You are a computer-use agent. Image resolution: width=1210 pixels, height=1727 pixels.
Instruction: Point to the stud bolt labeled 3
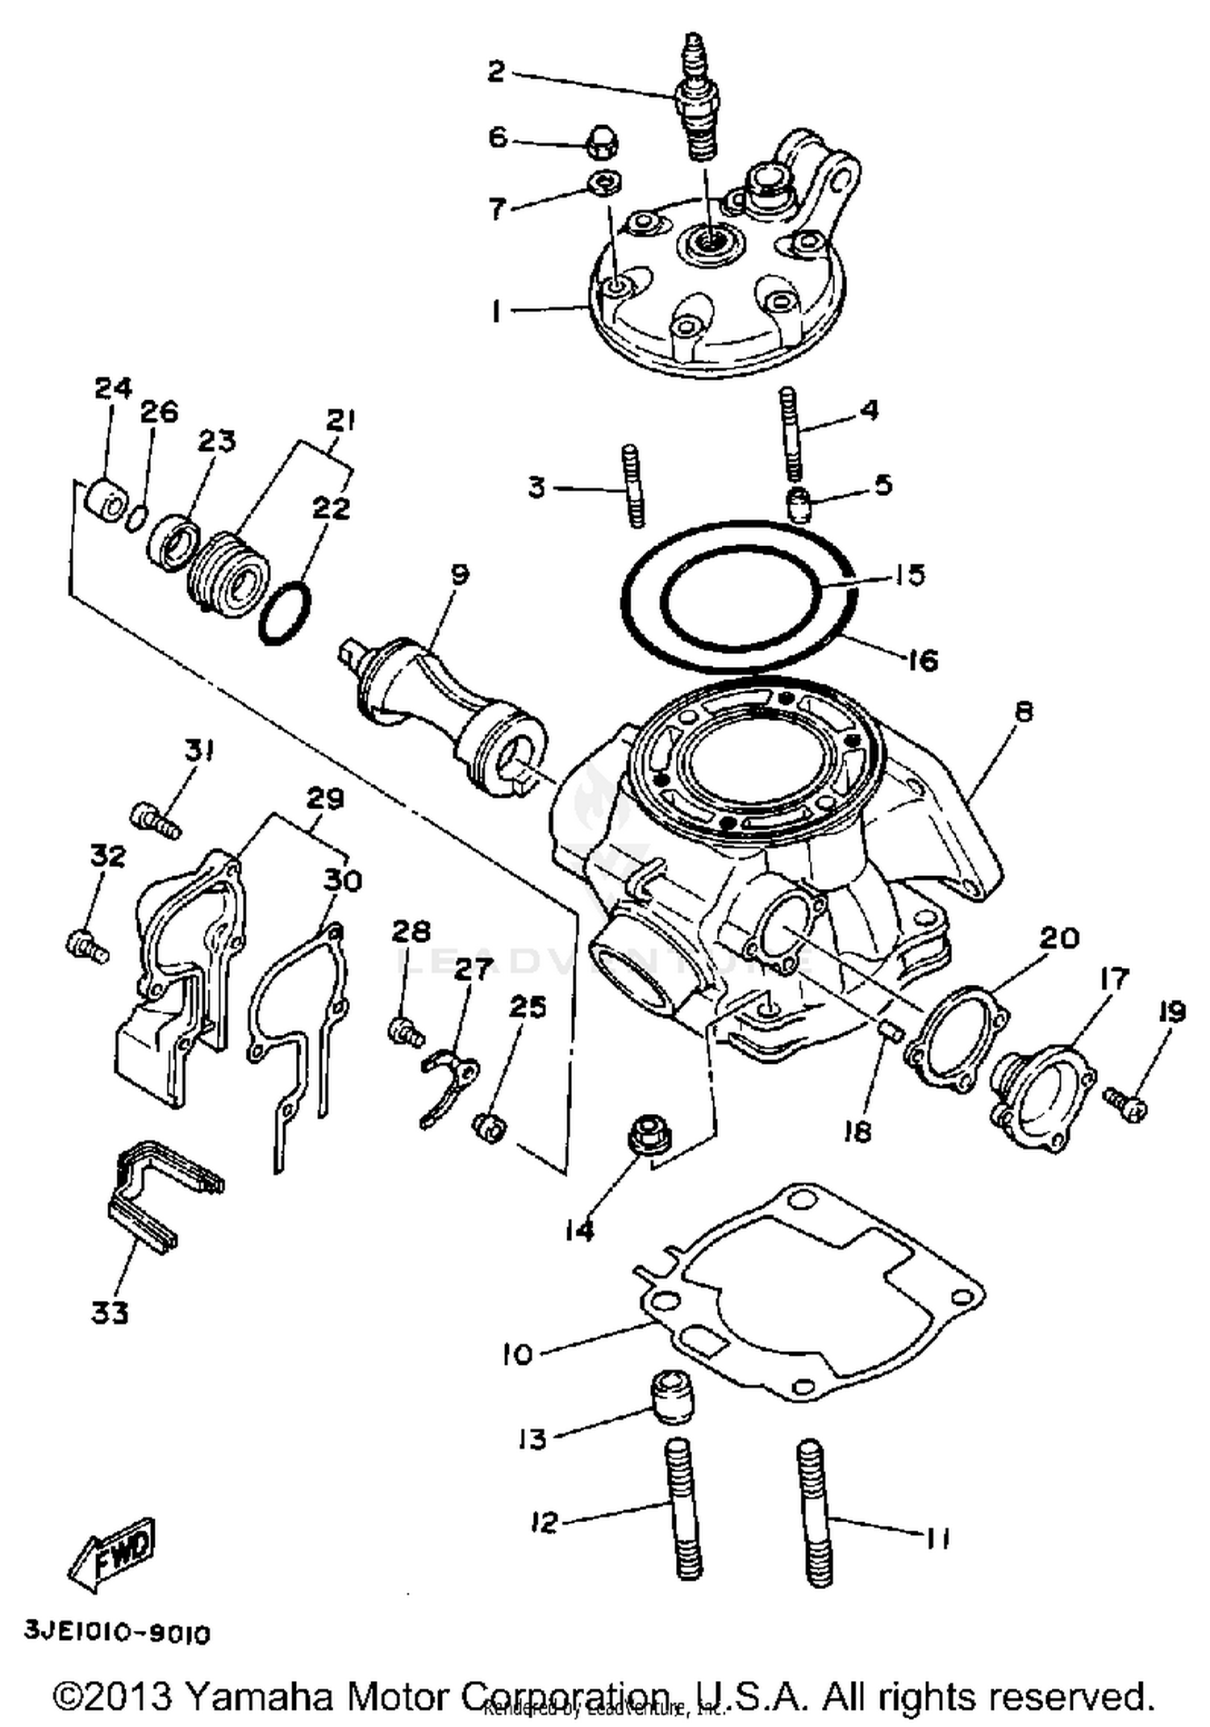633,486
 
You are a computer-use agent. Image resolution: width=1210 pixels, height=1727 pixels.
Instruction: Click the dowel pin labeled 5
798,507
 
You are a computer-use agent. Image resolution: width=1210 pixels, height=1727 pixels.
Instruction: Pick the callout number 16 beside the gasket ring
922,661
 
